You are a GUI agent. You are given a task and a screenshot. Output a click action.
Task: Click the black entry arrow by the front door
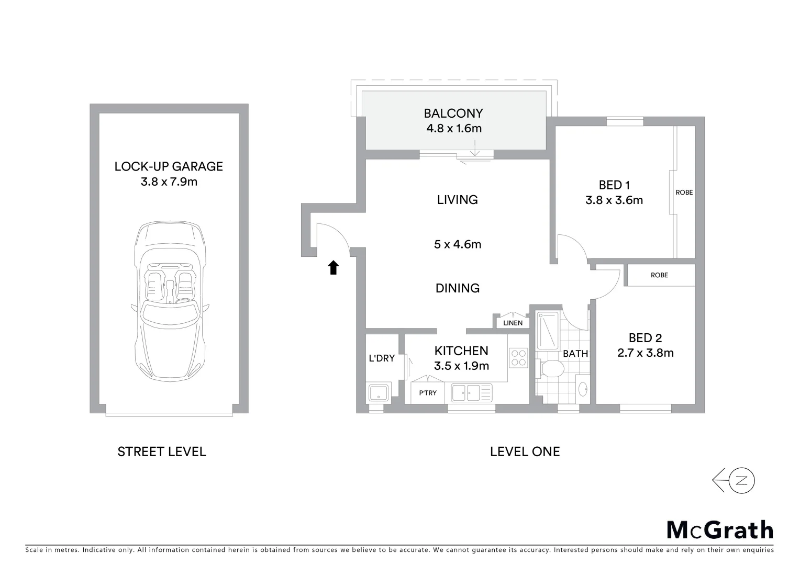333,268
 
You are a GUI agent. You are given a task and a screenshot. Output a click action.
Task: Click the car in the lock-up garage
169,303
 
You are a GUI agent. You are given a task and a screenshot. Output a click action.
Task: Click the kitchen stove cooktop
518,358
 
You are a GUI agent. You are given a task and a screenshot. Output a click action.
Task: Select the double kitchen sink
466,392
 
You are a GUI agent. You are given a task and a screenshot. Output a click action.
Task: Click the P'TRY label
428,393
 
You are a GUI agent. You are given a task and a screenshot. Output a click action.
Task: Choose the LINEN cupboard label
513,323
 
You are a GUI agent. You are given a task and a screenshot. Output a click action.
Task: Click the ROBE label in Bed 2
659,275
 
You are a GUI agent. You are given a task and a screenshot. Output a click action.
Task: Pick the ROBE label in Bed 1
684,193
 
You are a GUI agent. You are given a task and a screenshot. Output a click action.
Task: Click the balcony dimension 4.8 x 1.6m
453,128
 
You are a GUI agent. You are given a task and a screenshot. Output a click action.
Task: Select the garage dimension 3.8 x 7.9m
169,182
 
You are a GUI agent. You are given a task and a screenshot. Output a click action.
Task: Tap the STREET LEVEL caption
162,451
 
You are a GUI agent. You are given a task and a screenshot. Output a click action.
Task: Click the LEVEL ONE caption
525,451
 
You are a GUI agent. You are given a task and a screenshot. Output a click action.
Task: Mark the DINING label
458,288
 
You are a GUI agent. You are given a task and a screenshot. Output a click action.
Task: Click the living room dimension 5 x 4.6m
458,244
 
